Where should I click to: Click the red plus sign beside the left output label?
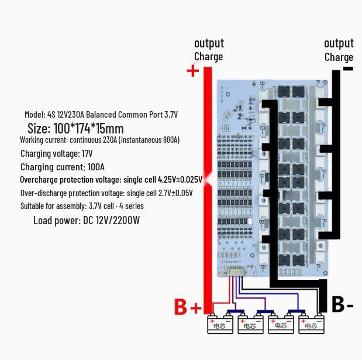tap(192, 71)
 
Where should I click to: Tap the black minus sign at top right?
tap(348, 68)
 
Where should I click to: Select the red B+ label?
tap(188, 307)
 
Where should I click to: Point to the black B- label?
tap(342, 304)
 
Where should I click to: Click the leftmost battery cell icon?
tap(220, 324)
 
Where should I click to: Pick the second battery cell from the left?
tap(250, 324)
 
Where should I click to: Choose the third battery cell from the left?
tap(281, 324)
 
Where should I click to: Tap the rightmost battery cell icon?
tap(311, 324)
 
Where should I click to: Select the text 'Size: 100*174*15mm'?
tap(75, 128)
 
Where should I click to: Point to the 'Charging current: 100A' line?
tap(63, 167)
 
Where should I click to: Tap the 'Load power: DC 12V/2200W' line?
tap(87, 220)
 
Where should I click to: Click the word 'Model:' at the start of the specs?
tap(35, 114)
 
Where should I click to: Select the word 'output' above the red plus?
tap(209, 43)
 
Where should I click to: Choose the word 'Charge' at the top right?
tap(339, 57)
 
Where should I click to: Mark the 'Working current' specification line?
tap(99, 140)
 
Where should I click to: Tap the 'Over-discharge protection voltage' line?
tap(106, 193)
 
